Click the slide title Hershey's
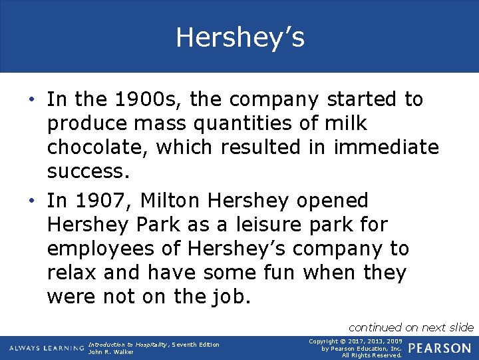pos(239,37)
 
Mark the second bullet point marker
pos(33,201)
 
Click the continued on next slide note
pos(410,327)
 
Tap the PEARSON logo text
pos(440,348)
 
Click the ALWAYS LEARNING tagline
pos(47,349)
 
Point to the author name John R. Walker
pos(110,352)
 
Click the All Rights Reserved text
pos(372,355)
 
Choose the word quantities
pos(244,124)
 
